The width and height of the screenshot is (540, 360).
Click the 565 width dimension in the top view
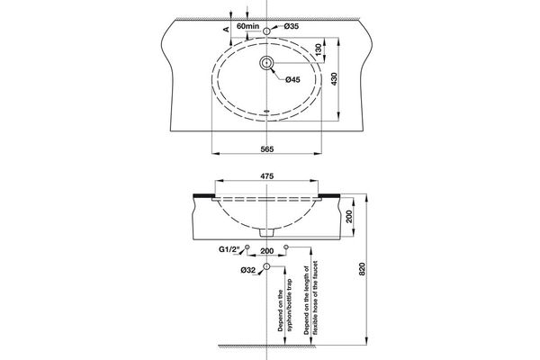click(267, 148)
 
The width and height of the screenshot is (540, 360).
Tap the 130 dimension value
click(318, 48)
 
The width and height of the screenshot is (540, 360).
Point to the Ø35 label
click(291, 26)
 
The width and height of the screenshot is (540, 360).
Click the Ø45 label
click(292, 80)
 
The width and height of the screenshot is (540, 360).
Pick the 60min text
click(247, 26)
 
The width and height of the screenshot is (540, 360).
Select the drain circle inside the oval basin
click(267, 63)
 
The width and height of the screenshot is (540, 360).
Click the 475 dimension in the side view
click(267, 176)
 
